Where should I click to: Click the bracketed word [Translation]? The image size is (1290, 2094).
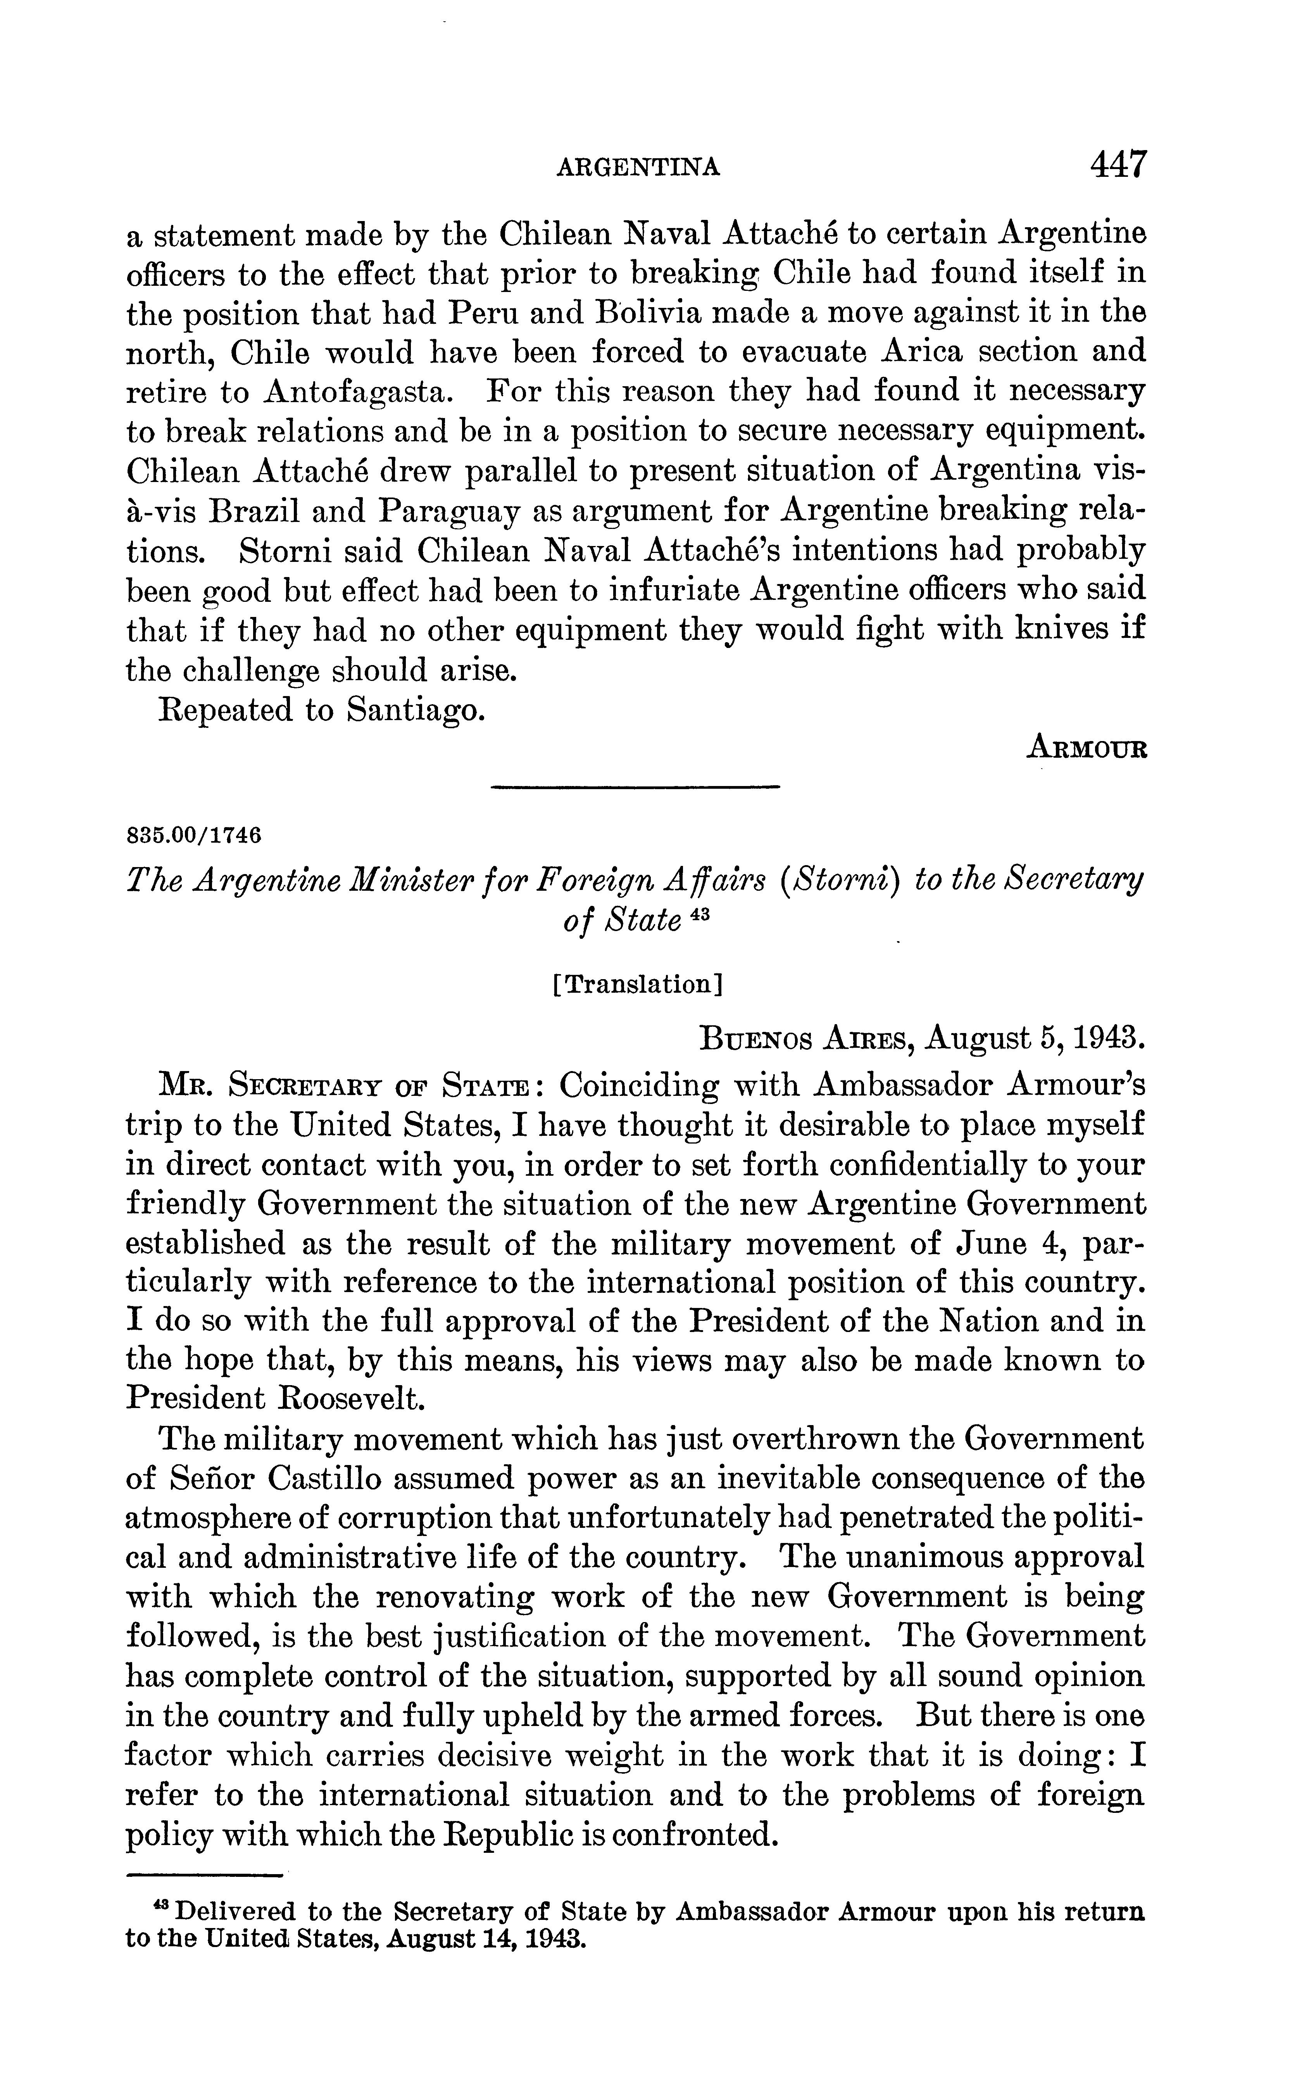638,985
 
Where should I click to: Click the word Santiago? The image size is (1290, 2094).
416,710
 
